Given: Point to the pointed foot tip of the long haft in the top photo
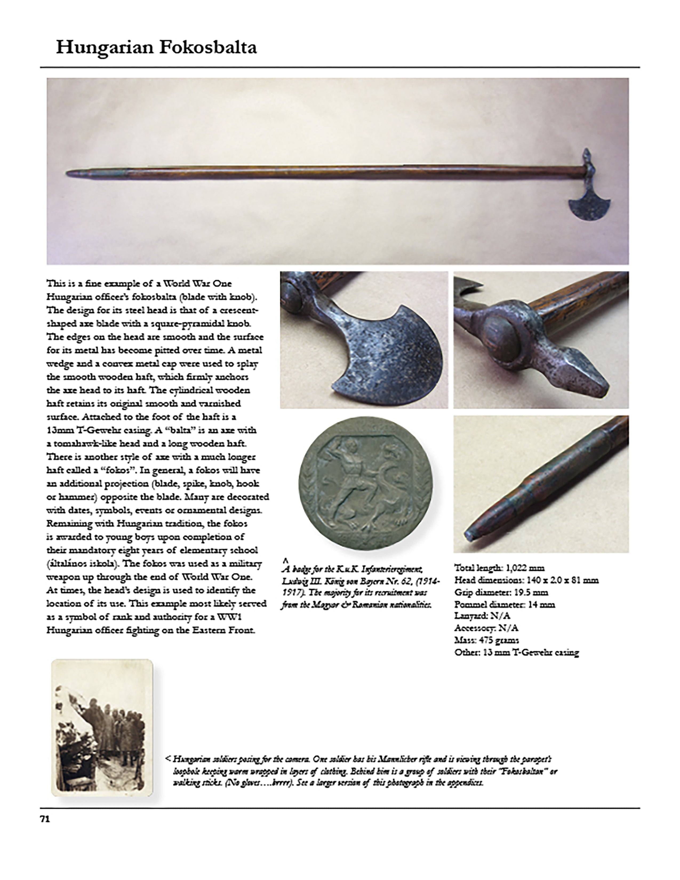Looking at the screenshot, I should (69, 173).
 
